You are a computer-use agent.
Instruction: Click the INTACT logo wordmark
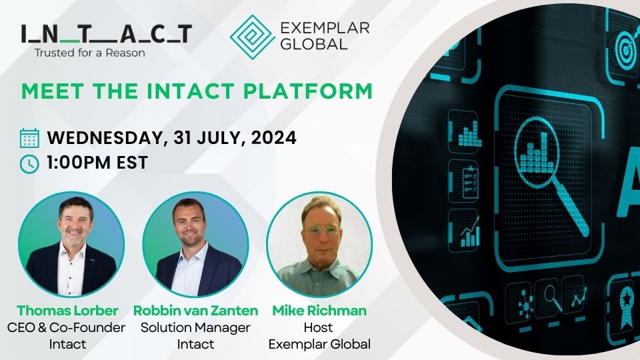[106, 33]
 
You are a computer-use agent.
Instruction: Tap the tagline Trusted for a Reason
[90, 52]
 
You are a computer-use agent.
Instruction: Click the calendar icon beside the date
[29, 139]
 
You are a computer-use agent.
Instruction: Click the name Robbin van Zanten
[196, 310]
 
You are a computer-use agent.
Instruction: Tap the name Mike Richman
[319, 310]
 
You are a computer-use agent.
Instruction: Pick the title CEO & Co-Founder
[67, 327]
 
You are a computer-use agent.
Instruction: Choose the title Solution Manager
[196, 327]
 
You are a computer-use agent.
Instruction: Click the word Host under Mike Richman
[319, 327]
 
